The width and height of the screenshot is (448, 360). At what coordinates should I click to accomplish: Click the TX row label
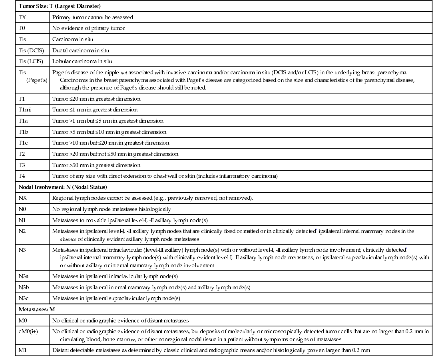coord(22,17)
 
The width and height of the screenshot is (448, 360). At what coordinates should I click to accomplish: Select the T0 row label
coord(22,28)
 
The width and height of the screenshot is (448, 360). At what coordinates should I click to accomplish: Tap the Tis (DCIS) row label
coord(31,50)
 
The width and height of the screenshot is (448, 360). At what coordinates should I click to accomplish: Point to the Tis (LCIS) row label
coord(31,62)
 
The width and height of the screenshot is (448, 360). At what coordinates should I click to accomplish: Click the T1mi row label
coord(25,109)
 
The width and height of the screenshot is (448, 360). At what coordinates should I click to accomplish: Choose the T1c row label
coord(24,143)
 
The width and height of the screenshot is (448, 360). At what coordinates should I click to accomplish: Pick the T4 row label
coord(22,176)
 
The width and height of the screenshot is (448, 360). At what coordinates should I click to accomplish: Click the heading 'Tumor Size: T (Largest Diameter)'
coord(60,6)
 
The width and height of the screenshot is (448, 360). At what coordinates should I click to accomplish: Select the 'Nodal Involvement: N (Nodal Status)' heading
coord(63,187)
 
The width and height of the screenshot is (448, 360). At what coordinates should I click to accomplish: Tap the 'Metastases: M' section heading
coord(37,309)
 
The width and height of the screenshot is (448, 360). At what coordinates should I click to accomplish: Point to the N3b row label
coord(24,287)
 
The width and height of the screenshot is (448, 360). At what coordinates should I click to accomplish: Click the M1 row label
coord(22,350)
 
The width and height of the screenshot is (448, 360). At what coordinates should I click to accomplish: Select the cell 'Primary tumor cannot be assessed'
coord(93,17)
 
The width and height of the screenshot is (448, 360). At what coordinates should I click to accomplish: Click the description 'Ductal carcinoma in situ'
coord(81,50)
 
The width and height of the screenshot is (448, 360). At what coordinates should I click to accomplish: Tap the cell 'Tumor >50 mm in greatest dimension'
coord(96,165)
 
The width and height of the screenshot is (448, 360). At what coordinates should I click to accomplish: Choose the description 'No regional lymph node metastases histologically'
coord(112,209)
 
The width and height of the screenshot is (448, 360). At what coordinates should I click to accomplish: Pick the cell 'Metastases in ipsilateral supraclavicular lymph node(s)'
coord(116,298)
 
